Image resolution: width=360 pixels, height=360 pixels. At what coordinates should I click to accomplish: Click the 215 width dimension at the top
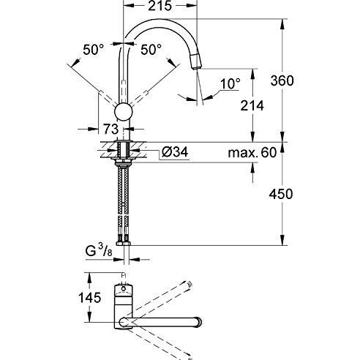tap(160, 6)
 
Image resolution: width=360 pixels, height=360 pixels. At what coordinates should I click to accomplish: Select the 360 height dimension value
tap(282, 80)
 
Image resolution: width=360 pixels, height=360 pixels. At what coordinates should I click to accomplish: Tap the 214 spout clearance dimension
tap(252, 106)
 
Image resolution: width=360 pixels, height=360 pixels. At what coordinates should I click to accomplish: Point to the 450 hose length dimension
tap(281, 195)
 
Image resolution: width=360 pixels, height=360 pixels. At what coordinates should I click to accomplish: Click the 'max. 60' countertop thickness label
tap(252, 153)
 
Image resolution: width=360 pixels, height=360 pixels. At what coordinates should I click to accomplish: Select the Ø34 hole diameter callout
tap(175, 152)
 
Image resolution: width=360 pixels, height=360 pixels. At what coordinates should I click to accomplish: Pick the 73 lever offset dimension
tap(111, 129)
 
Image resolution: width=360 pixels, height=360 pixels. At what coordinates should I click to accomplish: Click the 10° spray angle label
tap(230, 84)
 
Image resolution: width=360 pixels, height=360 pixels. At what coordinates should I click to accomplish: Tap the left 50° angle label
tap(93, 50)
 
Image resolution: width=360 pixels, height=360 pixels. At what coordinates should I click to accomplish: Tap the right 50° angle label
tap(151, 50)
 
